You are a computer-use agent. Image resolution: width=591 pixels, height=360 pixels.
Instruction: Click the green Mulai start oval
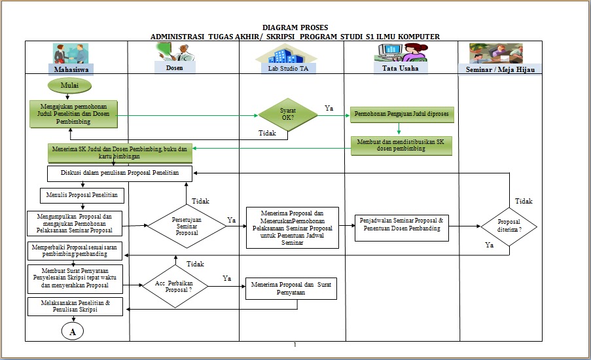coord(69,85)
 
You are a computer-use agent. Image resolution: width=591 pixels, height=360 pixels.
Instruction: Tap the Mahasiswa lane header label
coord(71,69)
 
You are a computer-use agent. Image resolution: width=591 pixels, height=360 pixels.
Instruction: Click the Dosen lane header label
coord(175,67)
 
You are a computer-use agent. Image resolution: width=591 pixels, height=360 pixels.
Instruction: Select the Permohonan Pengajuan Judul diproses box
coord(401,114)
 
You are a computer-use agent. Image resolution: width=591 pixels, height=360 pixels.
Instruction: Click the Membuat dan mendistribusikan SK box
coord(401,145)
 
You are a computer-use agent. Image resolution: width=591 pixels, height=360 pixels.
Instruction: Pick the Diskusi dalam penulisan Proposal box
coord(120,172)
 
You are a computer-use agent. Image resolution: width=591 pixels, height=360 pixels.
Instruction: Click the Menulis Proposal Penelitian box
coord(82,195)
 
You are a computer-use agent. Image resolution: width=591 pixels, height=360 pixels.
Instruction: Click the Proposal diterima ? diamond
coord(509,226)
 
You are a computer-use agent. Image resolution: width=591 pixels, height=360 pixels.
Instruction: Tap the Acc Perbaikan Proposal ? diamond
coord(175,286)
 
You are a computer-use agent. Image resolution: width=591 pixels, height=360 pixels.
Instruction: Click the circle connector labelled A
coord(73,332)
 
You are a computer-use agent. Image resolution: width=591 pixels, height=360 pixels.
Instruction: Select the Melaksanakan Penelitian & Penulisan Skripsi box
coord(75,306)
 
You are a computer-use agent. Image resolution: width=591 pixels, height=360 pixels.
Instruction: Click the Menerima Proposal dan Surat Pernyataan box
coord(291,289)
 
